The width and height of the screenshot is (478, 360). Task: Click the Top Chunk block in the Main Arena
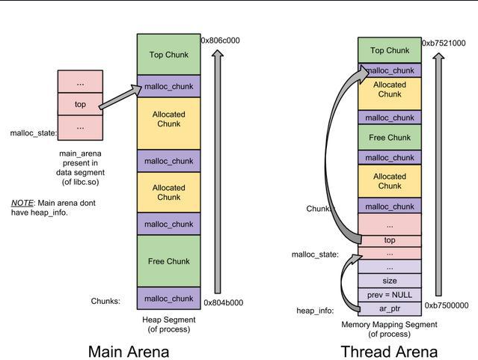pos(168,54)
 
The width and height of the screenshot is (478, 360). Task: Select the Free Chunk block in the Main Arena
pos(168,261)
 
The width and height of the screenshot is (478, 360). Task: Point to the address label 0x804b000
pos(224,304)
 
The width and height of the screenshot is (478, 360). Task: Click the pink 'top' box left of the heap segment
pos(80,105)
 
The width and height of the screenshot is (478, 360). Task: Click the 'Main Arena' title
pos(128,351)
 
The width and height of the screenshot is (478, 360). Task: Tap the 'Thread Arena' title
pos(389,351)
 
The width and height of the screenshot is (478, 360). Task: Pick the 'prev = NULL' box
pos(389,294)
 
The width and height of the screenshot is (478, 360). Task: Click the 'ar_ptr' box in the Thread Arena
pos(389,308)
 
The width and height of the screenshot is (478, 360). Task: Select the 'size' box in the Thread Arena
pos(389,281)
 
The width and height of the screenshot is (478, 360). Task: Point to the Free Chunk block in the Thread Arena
pos(389,138)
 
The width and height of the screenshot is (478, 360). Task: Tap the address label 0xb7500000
pos(446,306)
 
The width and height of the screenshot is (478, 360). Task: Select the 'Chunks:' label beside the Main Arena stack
pos(105,301)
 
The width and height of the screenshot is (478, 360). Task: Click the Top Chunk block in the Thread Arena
pos(389,50)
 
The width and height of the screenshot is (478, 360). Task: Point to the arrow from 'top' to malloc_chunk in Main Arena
pos(120,97)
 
